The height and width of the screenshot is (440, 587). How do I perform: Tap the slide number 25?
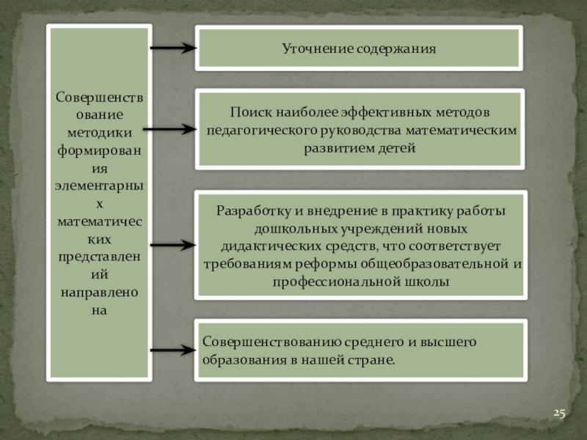559,414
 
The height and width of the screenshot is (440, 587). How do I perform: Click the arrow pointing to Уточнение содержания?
173,49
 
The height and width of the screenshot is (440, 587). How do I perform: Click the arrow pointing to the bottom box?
173,351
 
